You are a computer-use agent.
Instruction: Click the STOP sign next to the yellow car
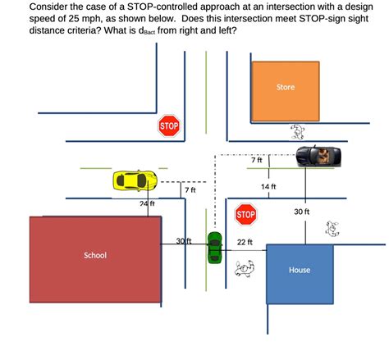pyautogui.click(x=169, y=126)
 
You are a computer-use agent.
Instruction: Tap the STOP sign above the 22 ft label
pyautogui.click(x=245, y=215)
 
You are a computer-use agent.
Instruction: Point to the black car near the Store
pyautogui.click(x=319, y=156)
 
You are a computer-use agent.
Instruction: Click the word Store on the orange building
pyautogui.click(x=285, y=87)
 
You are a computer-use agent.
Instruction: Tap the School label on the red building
pyautogui.click(x=95, y=255)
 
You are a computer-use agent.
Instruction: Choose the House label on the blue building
pyautogui.click(x=299, y=270)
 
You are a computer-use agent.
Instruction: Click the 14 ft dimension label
pyautogui.click(x=268, y=186)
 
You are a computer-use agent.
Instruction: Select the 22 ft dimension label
pyautogui.click(x=245, y=242)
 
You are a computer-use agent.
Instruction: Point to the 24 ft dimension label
pyautogui.click(x=147, y=203)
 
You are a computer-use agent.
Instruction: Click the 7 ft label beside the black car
pyautogui.click(x=256, y=160)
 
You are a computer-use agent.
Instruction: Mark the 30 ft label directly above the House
pyautogui.click(x=301, y=212)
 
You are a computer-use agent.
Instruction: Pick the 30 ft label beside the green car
pyautogui.click(x=184, y=240)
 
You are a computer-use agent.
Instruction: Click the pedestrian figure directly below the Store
pyautogui.click(x=297, y=132)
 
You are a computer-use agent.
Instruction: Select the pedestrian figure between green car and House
pyautogui.click(x=245, y=267)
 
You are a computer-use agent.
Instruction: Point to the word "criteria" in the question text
pyautogui.click(x=88, y=33)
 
